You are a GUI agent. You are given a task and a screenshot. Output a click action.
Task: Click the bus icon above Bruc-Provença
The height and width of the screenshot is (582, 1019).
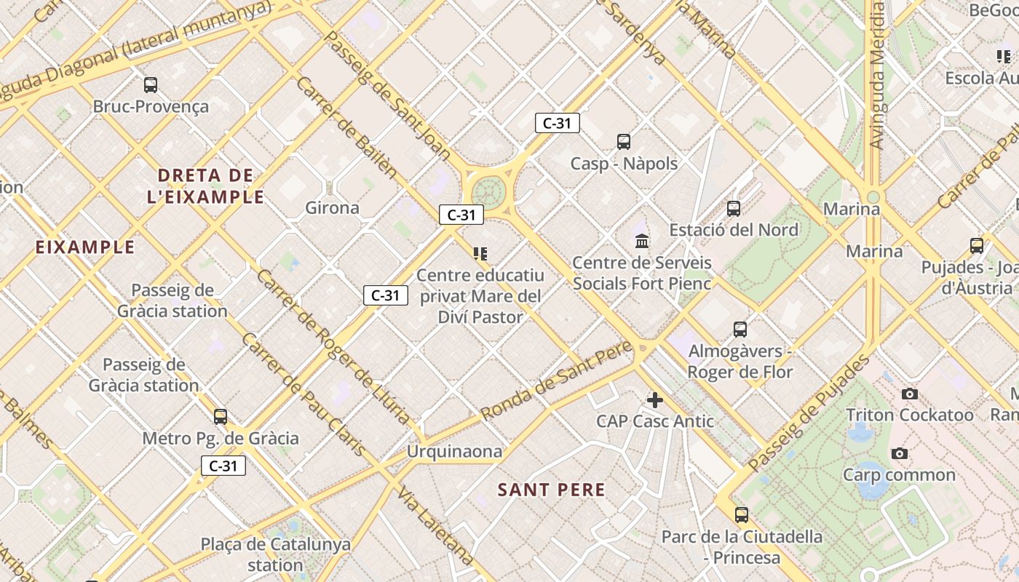tap(151, 85)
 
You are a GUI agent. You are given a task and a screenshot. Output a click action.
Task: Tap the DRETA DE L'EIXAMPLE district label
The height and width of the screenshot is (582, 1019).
tap(205, 186)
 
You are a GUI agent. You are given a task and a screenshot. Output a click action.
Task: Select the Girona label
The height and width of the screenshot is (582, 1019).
tap(332, 208)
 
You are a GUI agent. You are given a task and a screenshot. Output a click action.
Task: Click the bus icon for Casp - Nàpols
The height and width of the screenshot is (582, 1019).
tap(623, 142)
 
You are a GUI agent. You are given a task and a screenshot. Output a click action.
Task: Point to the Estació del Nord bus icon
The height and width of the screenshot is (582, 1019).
tap(734, 209)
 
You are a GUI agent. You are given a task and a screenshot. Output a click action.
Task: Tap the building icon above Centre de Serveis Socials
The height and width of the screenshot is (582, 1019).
tap(642, 241)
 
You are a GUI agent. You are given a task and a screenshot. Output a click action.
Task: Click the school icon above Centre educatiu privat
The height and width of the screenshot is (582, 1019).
tap(480, 254)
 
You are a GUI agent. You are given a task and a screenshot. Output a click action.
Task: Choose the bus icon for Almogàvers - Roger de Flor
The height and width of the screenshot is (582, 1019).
tap(740, 330)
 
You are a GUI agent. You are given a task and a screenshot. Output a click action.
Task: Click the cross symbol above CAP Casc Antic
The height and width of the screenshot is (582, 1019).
tap(655, 399)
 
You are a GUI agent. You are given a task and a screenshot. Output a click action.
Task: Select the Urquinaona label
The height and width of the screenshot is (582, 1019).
tap(454, 452)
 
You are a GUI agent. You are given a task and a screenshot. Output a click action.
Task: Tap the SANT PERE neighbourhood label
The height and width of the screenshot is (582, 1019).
tap(552, 490)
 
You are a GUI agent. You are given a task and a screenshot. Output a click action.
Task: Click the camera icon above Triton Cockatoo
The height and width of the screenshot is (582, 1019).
tap(909, 394)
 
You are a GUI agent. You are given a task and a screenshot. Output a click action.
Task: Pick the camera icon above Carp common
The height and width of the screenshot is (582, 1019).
tap(900, 454)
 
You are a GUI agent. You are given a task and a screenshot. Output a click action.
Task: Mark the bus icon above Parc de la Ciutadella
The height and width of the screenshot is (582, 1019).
tap(742, 515)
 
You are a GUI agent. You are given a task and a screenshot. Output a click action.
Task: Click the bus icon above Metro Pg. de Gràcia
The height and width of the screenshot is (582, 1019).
tap(221, 417)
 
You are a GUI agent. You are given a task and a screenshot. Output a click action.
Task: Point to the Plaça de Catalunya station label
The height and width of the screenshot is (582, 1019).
tap(275, 554)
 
